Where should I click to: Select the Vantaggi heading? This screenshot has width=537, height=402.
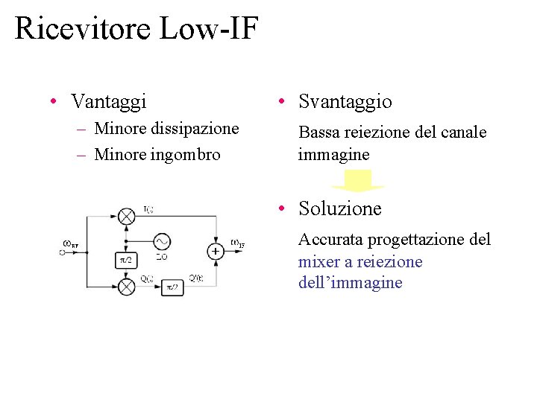(x=109, y=100)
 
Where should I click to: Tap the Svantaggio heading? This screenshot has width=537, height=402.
(x=345, y=101)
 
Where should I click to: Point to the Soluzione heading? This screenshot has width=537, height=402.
(x=339, y=208)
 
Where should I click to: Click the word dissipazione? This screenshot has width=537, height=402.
(x=195, y=129)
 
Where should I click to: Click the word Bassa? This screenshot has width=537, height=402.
(x=318, y=133)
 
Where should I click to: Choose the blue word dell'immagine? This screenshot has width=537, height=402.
(x=350, y=283)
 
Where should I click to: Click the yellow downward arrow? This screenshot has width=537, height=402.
(x=357, y=181)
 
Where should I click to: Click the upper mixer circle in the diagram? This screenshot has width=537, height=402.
(x=127, y=216)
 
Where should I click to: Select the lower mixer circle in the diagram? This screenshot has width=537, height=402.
(x=127, y=286)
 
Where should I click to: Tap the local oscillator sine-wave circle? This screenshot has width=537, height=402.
(x=161, y=241)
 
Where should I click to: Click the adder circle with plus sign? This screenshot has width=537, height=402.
(x=215, y=251)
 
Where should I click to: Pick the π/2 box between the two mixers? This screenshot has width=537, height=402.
(x=126, y=259)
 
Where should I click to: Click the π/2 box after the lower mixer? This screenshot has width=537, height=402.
(x=172, y=287)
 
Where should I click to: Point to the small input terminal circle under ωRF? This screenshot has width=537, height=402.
(x=63, y=252)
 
